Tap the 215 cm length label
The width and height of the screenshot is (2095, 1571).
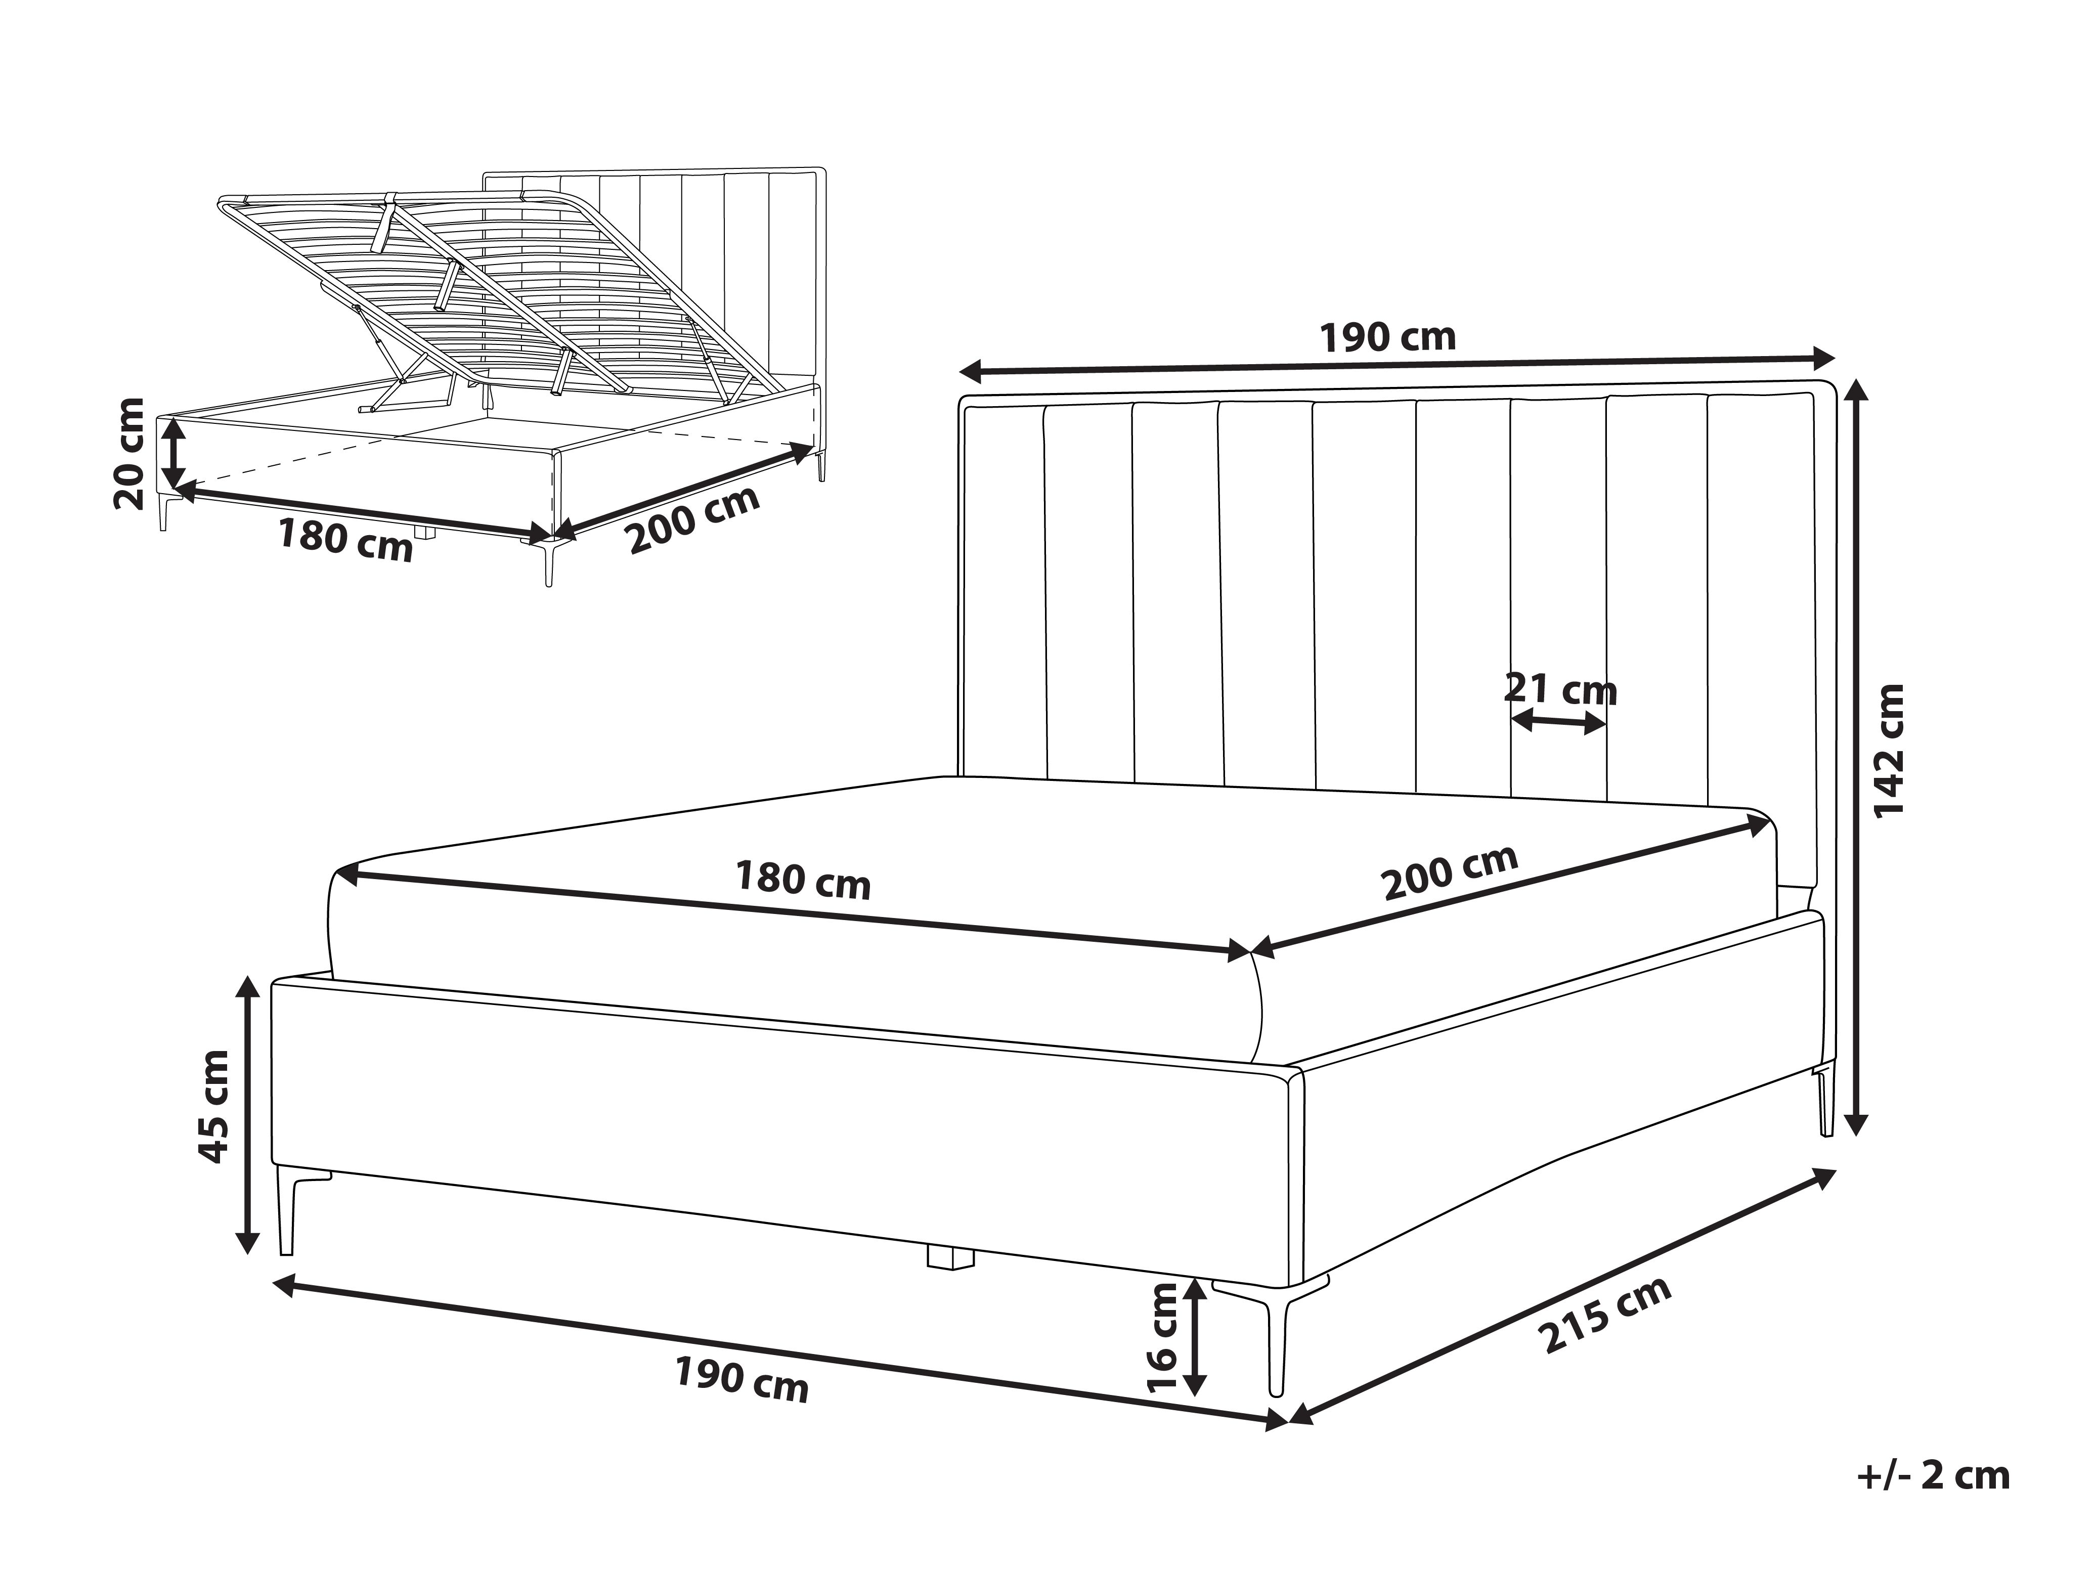pos(1603,1316)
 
